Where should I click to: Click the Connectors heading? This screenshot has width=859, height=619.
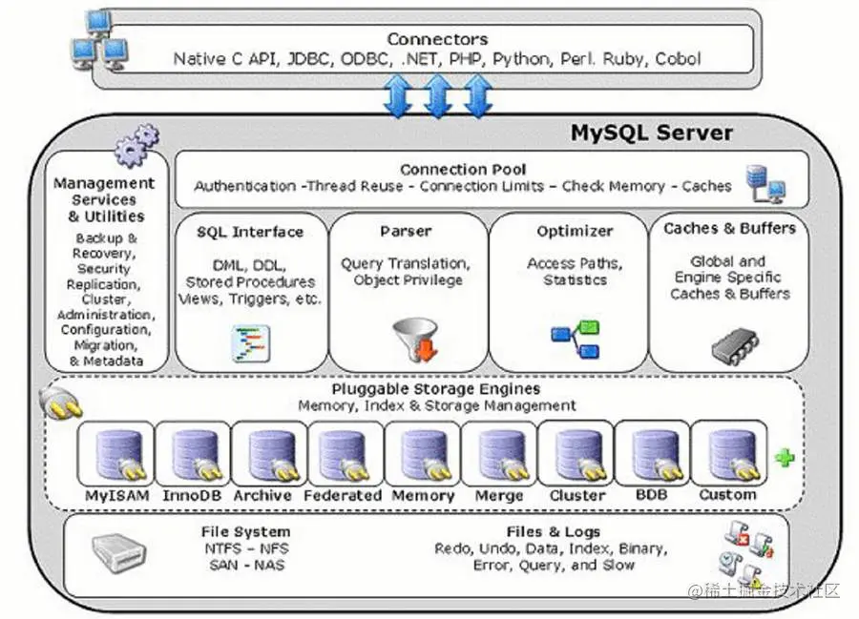click(436, 39)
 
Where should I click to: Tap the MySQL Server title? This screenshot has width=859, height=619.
click(652, 133)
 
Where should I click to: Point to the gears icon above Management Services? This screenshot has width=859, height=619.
click(136, 146)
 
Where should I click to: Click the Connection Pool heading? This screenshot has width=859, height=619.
click(463, 169)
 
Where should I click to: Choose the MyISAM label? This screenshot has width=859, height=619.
click(116, 496)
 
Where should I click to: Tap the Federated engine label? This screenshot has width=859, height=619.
click(343, 496)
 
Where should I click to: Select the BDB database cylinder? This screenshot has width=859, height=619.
click(652, 454)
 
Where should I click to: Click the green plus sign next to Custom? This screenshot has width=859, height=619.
click(785, 458)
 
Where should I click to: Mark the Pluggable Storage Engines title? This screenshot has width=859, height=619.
click(436, 389)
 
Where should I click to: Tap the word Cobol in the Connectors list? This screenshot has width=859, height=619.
click(679, 59)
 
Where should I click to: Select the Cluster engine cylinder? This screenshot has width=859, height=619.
click(576, 455)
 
